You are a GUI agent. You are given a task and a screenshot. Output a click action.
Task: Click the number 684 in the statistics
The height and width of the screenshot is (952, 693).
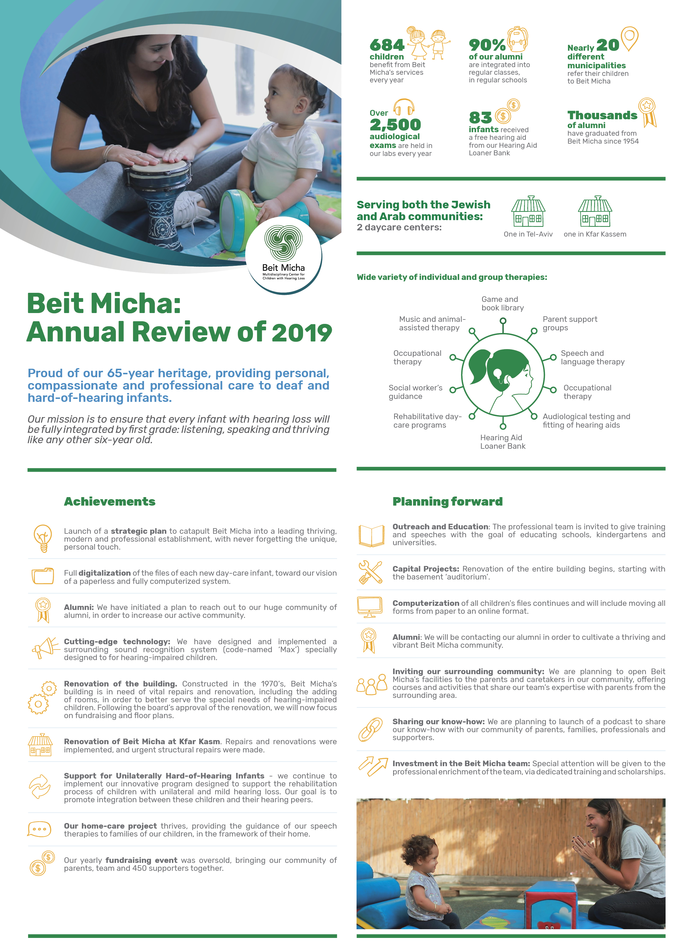(387, 45)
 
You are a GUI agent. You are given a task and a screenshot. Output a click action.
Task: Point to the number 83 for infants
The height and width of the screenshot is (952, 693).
(480, 118)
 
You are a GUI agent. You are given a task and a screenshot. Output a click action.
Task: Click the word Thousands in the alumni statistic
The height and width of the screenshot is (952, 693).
(602, 115)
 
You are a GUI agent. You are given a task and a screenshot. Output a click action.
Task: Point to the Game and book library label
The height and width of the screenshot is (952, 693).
(502, 303)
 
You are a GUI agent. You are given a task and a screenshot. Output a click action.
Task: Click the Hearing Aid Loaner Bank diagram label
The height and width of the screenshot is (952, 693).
(503, 442)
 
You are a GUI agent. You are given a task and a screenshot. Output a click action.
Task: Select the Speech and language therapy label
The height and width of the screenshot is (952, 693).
(592, 357)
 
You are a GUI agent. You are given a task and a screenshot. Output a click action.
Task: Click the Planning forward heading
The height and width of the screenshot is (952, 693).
(447, 501)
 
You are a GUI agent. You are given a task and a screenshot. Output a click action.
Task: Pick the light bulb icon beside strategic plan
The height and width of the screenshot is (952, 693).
(43, 538)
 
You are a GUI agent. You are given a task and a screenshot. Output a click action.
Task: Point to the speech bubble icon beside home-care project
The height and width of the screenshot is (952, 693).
(40, 829)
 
